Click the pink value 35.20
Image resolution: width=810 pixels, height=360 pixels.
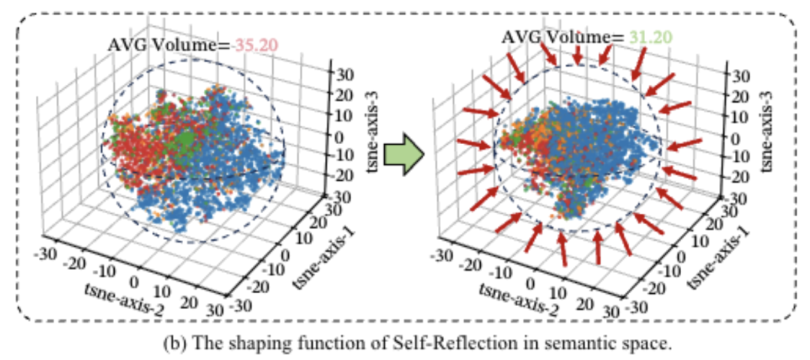coord(256,45)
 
